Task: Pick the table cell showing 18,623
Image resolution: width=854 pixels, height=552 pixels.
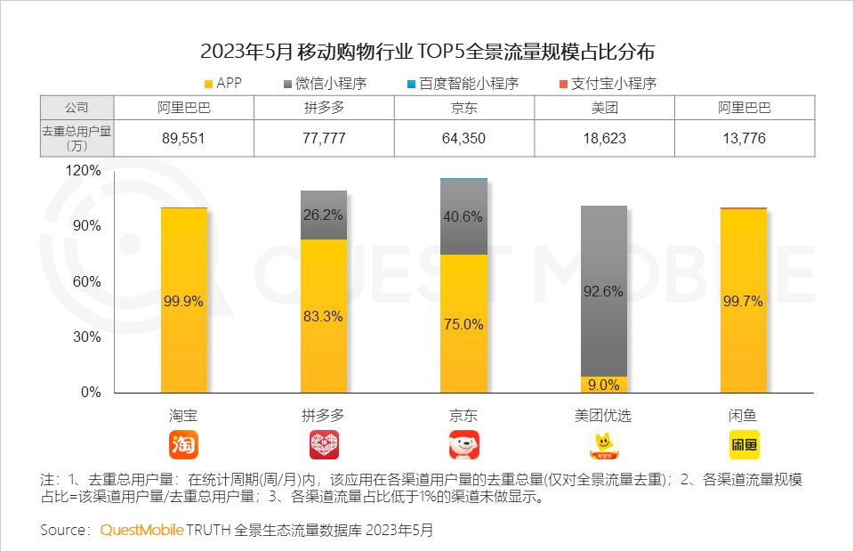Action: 605,138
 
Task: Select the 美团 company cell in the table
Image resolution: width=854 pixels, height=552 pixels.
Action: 605,108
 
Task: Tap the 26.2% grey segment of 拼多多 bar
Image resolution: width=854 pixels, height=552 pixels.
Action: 324,215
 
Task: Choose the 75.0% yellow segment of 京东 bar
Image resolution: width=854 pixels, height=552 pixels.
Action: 463,324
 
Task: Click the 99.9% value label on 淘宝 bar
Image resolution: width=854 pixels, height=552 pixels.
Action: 183,301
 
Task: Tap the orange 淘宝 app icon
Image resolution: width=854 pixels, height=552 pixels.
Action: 183,444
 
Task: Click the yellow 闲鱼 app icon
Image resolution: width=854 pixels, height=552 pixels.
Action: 745,444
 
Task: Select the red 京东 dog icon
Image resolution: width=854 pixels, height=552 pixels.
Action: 463,444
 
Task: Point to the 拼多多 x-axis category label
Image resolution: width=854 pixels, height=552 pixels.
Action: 324,415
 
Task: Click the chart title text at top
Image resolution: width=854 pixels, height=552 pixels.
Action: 427,49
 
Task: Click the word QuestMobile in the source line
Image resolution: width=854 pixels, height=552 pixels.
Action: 141,530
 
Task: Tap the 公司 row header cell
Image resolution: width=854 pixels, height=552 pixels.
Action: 77,108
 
